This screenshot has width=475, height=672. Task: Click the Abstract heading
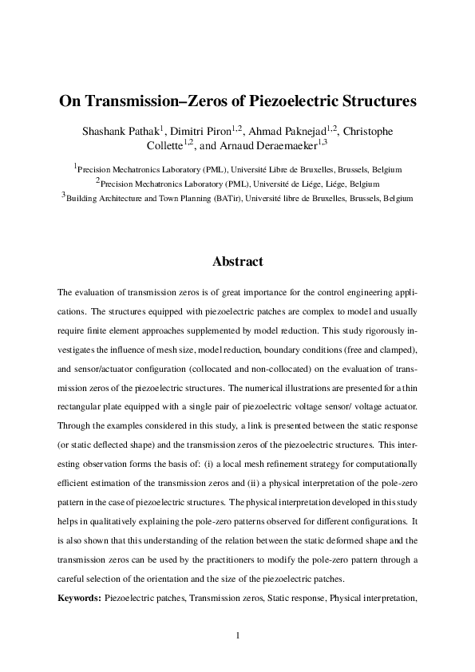click(x=237, y=262)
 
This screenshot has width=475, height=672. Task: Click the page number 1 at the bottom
click(x=237, y=635)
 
